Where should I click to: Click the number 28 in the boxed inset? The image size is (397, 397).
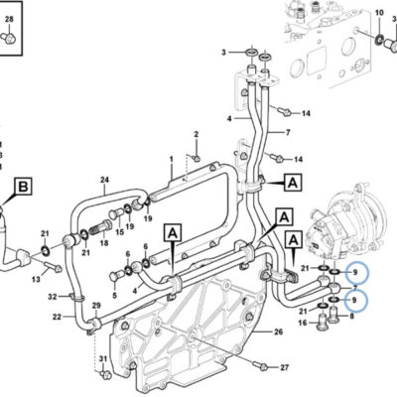9,19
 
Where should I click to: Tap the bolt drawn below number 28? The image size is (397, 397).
8,38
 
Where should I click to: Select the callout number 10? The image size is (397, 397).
379,13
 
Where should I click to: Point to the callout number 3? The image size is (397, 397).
223,53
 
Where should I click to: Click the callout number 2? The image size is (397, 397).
197,134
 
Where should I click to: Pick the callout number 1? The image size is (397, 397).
172,160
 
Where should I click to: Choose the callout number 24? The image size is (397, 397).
104,180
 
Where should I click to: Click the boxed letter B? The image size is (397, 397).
23,187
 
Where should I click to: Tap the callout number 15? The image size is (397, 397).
120,232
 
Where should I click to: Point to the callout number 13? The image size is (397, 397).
36,280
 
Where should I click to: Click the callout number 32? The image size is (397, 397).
53,297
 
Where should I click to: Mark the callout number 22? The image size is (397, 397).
57,317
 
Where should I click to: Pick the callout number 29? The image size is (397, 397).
96,305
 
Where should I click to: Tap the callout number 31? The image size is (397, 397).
103,359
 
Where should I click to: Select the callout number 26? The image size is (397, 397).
279,331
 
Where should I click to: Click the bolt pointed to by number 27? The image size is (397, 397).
260,365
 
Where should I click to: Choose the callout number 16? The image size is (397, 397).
303,323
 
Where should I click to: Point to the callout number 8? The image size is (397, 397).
351,316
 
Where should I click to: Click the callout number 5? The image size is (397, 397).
115,295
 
